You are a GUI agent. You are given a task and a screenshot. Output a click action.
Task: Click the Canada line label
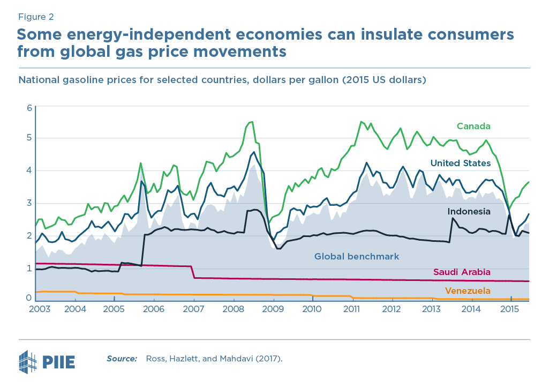[x=473, y=126]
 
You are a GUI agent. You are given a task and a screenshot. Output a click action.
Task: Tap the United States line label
[x=461, y=163]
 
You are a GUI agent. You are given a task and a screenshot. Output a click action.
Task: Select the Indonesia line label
[x=469, y=211]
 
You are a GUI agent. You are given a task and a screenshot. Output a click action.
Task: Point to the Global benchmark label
[x=357, y=256]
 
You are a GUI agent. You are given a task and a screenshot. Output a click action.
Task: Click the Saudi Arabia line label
[x=462, y=272]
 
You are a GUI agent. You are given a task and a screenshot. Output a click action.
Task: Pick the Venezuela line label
[x=468, y=291]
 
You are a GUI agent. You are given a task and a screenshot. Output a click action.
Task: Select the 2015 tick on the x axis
[x=509, y=309]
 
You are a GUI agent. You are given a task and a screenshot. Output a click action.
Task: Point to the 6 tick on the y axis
[x=29, y=108]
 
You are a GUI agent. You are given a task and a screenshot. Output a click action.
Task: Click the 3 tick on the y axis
[x=29, y=203]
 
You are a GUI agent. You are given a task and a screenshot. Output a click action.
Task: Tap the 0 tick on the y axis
[x=29, y=298]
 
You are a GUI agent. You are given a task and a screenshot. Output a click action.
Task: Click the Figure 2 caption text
[x=35, y=17]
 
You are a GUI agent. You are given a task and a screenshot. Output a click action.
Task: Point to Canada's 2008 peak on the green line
[x=251, y=122]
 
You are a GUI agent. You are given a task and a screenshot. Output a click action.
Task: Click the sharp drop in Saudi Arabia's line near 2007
[x=193, y=272]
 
